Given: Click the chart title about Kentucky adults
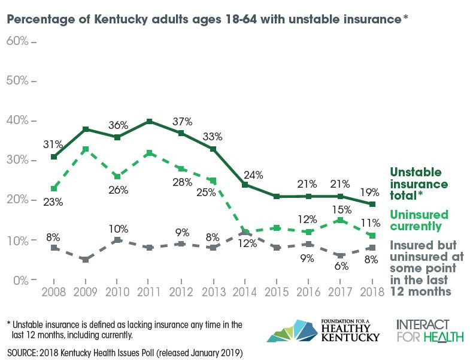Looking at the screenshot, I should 207,19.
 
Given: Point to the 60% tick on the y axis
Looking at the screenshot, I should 22,41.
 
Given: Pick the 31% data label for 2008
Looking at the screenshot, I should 53,145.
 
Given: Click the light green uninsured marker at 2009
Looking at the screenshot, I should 86,149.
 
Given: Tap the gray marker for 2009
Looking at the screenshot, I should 86,260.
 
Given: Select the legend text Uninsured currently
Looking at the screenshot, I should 419,221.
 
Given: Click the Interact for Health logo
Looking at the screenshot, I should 429,330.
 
